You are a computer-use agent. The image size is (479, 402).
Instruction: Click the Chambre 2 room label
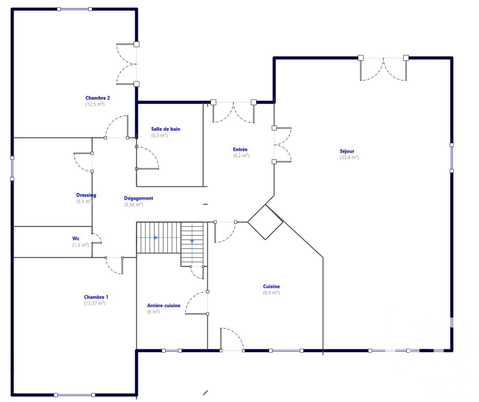(97, 98)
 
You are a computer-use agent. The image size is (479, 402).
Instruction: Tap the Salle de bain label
(165, 129)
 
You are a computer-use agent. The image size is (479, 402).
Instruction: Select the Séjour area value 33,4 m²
(349, 157)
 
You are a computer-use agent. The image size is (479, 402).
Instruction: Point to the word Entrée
(240, 150)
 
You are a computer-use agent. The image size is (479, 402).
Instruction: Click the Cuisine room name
(272, 286)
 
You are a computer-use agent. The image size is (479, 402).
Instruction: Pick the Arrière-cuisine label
(164, 306)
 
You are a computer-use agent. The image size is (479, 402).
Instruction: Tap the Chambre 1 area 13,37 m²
(95, 303)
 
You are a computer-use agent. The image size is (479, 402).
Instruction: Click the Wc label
(76, 238)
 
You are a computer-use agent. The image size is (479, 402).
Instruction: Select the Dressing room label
(86, 195)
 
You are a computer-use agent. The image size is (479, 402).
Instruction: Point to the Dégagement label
(139, 198)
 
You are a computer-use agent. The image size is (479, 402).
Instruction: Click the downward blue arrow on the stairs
(192, 242)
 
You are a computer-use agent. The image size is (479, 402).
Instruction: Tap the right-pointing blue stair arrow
(156, 238)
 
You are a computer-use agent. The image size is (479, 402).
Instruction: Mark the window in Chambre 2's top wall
(74, 9)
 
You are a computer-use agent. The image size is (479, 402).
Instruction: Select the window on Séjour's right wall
(452, 158)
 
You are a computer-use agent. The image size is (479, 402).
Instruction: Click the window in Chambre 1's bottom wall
(74, 395)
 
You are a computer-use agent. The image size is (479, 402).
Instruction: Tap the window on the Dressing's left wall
(12, 168)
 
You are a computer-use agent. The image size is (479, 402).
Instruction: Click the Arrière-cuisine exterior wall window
(172, 351)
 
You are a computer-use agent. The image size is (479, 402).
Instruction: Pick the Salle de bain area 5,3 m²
(159, 135)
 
